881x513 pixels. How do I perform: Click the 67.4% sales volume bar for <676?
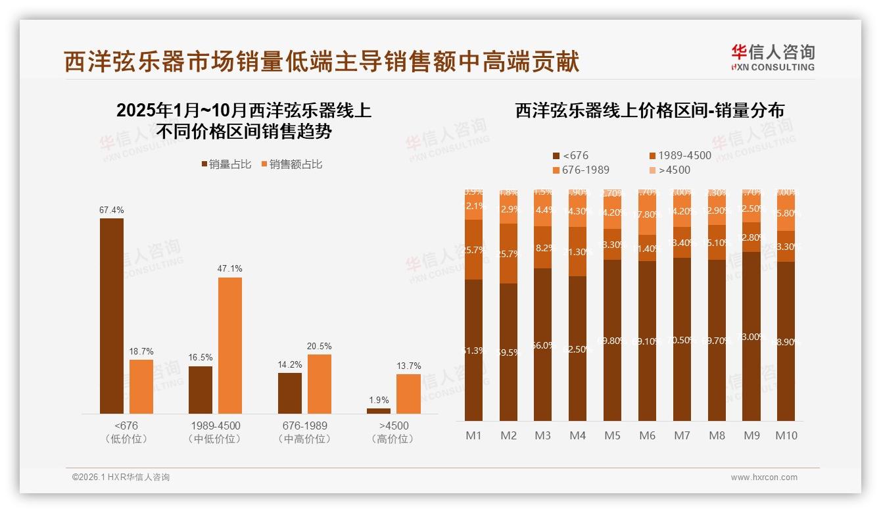[x=112, y=316]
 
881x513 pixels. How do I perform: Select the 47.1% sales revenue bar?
[x=230, y=345]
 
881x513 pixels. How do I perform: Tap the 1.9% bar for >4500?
[x=379, y=410]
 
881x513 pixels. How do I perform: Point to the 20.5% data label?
[x=320, y=347]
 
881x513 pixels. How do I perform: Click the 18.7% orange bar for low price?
[x=141, y=386]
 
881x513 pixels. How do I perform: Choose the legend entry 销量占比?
[x=226, y=164]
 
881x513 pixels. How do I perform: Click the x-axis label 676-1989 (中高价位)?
[x=302, y=432]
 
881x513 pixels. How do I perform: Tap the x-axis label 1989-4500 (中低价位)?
[x=214, y=432]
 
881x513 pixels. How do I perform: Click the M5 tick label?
[x=612, y=435]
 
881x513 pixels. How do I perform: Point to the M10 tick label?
[x=786, y=435]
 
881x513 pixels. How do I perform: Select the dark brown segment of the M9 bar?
[x=751, y=336]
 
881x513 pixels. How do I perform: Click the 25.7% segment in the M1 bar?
[x=474, y=249]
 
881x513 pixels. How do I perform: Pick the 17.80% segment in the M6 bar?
[x=647, y=214]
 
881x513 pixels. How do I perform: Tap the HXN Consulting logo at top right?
[x=773, y=57]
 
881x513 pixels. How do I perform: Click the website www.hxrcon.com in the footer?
[x=763, y=477]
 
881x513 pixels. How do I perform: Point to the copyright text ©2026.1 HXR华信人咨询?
[x=120, y=477]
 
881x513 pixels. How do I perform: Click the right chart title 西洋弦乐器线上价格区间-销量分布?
[x=649, y=110]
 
